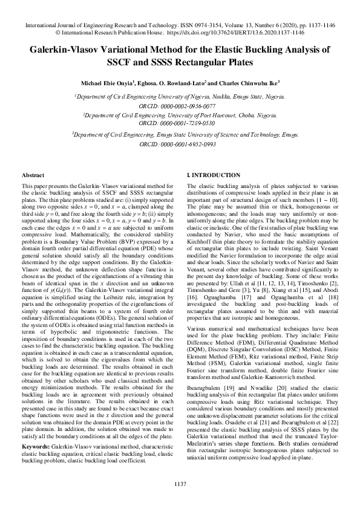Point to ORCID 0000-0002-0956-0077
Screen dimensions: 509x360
(x=180, y=105)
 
